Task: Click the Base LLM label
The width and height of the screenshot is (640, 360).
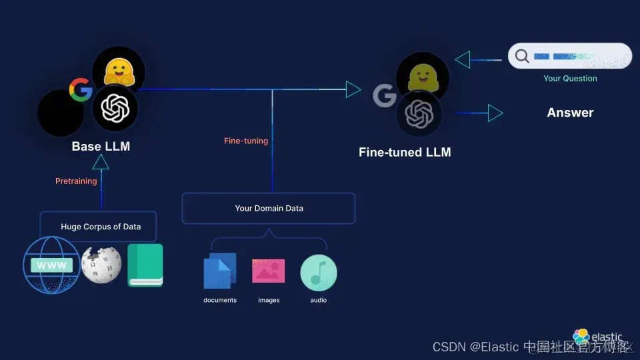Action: click(101, 147)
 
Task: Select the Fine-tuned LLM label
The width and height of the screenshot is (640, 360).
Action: click(405, 152)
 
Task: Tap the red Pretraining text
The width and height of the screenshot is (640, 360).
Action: click(76, 181)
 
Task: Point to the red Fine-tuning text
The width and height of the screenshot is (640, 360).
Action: click(246, 141)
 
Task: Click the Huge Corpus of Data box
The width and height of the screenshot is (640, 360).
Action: click(99, 227)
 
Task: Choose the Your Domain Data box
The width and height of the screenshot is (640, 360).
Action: click(269, 208)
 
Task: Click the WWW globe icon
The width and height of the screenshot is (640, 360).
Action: click(51, 265)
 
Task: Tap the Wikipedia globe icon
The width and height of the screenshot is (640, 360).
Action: click(101, 265)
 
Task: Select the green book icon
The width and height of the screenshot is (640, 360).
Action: click(145, 265)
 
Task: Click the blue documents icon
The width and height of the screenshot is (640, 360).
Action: click(220, 271)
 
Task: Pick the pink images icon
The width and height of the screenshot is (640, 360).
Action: click(268, 271)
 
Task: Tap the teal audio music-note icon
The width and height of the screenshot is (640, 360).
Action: click(318, 272)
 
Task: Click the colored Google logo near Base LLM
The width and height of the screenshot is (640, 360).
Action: click(81, 89)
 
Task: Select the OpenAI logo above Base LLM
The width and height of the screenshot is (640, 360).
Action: click(115, 107)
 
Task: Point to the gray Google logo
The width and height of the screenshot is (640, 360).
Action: click(385, 96)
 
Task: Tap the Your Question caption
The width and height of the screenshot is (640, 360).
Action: click(570, 78)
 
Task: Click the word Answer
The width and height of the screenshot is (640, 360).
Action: click(570, 113)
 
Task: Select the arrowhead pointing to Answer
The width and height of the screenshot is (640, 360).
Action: click(495, 113)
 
